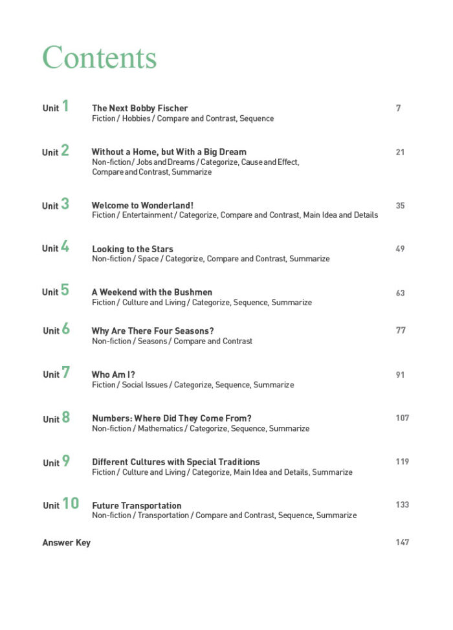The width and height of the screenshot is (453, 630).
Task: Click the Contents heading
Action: coord(100,58)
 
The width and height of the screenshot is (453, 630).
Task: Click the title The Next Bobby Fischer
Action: coord(140,108)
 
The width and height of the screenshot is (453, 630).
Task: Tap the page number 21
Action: coord(400,152)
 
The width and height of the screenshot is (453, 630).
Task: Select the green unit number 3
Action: coord(65,204)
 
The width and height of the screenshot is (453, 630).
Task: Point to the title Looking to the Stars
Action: coord(133,249)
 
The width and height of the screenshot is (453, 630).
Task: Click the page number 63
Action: coord(400,293)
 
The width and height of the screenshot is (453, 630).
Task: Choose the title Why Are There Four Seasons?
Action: coord(153,331)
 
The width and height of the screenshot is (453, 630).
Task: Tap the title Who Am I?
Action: coord(113,375)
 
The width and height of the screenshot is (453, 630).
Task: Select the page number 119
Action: coord(402,462)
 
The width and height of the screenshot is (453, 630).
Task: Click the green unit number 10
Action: coord(71,504)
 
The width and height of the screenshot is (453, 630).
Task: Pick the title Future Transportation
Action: coord(137,506)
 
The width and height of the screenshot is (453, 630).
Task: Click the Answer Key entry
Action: coord(67,543)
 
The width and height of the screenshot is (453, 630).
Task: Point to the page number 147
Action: coord(402,543)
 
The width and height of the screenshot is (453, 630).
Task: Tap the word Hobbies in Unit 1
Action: coord(136,119)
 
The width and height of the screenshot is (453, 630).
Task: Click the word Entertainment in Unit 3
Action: coord(147,215)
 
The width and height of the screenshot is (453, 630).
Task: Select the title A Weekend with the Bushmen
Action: coord(152,292)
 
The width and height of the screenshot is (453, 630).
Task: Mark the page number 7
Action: coord(398,108)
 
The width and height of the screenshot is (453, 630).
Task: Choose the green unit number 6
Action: coord(65,329)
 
